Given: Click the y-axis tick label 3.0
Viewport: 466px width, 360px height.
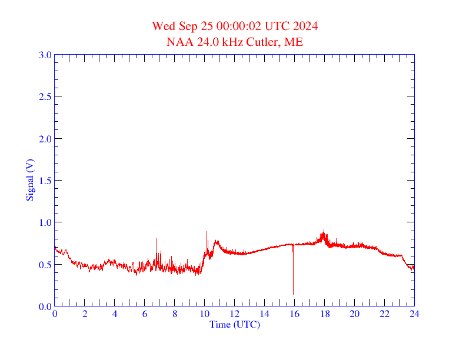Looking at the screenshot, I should pos(45,55).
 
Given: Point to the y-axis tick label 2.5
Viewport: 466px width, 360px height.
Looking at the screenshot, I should pos(45,97).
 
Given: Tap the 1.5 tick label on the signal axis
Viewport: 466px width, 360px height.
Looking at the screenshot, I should pos(45,181).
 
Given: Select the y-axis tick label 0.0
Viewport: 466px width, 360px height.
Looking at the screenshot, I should pos(45,306).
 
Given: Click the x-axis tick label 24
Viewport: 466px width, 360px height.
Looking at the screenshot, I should pos(414,314).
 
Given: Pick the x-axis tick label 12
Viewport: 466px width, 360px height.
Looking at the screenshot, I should pos(234,314).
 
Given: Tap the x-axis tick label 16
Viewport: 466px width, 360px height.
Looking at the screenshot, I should pos(294,314).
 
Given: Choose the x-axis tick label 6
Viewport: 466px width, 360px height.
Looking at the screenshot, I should pos(145,314).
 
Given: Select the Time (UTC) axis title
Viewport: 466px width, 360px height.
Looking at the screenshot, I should pos(234,324).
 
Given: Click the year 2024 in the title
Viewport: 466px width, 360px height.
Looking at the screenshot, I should pos(306,26).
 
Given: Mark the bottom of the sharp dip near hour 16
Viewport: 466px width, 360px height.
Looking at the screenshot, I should pos(293,294).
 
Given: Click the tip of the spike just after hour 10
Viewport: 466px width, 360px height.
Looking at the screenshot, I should pos(207,232).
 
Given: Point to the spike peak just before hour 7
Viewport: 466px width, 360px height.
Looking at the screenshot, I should pos(157,238).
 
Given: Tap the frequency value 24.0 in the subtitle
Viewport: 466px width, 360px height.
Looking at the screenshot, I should pos(205,42).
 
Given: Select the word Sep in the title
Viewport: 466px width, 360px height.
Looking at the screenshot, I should pos(182,26).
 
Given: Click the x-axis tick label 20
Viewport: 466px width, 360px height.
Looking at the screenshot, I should pos(354,314).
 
